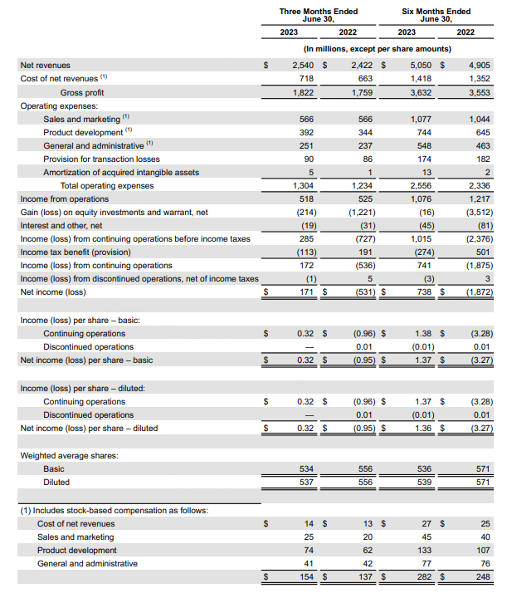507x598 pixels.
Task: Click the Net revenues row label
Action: tap(46, 65)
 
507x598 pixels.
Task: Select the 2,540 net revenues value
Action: tap(304, 65)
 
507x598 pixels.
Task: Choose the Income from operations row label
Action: tap(64, 199)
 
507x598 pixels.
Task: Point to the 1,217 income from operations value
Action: tap(476, 199)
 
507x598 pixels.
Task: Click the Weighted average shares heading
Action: tap(67, 455)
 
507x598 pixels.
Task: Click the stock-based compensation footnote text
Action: tap(114, 510)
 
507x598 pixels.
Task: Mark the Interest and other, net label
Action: tap(61, 225)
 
